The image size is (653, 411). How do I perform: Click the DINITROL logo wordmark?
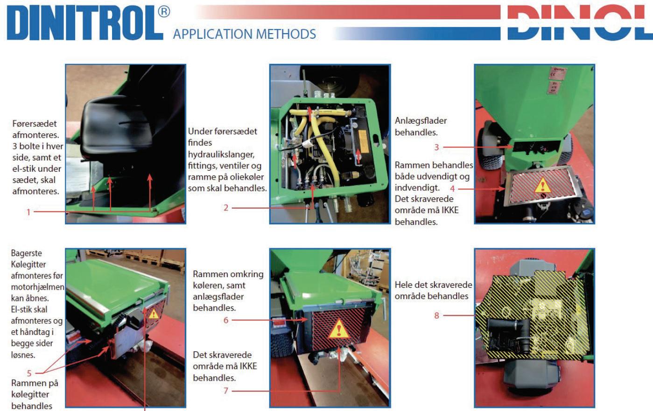pyautogui.click(x=85, y=23)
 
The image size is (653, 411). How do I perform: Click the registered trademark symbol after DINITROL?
pyautogui.click(x=164, y=12)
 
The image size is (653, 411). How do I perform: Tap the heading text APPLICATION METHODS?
pyautogui.click(x=244, y=34)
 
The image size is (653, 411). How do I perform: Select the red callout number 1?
pyautogui.click(x=28, y=212)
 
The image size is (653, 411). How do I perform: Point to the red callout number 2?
pyautogui.click(x=225, y=208)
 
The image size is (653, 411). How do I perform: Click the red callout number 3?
pyautogui.click(x=436, y=147)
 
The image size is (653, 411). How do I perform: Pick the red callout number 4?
pyautogui.click(x=452, y=189)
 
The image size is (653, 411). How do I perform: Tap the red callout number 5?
pyautogui.click(x=29, y=373)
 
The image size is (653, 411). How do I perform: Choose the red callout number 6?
pyautogui.click(x=226, y=320)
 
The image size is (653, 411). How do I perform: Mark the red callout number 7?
pyautogui.click(x=225, y=390)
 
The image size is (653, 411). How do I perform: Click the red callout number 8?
pyautogui.click(x=436, y=315)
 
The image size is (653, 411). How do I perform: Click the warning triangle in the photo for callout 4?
pyautogui.click(x=542, y=185)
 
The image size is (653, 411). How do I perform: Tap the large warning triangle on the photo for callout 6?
pyautogui.click(x=338, y=329)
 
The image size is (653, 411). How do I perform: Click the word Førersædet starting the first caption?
pyautogui.click(x=35, y=124)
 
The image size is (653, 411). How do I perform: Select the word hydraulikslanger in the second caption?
pyautogui.click(x=221, y=154)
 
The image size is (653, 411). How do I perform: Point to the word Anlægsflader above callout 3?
pyautogui.click(x=421, y=121)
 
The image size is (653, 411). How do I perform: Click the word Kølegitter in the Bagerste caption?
pyautogui.click(x=28, y=265)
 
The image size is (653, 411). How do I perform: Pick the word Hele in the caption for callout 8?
pyautogui.click(x=404, y=285)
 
